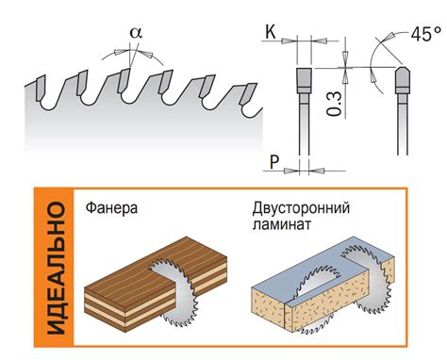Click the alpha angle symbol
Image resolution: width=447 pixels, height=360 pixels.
pyautogui.click(x=135, y=31)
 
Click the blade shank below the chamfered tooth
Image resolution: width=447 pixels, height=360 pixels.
pyautogui.click(x=402, y=132)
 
